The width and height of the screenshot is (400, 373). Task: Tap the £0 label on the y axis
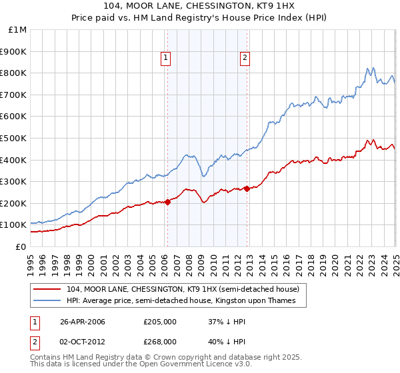[21, 246]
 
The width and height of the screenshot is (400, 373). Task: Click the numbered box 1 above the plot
[165, 59]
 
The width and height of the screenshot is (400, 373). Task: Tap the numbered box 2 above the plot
[245, 59]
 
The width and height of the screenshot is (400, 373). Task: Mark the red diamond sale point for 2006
[167, 202]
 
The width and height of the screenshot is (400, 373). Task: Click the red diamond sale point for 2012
[247, 188]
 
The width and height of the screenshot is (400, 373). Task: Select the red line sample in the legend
[47, 289]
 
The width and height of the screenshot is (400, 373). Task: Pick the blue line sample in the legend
[47, 301]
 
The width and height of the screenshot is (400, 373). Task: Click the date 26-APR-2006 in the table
[83, 322]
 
